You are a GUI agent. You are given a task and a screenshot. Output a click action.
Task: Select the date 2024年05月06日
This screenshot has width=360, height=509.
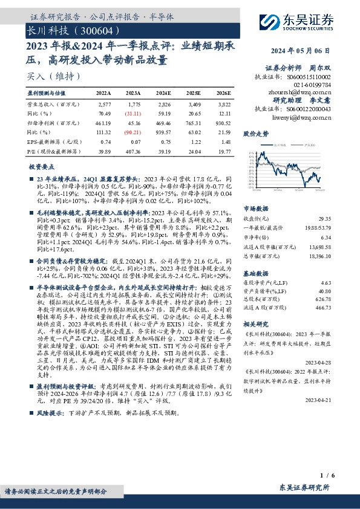[309, 51]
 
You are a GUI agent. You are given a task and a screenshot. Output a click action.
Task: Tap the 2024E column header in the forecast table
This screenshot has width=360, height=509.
[163, 94]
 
